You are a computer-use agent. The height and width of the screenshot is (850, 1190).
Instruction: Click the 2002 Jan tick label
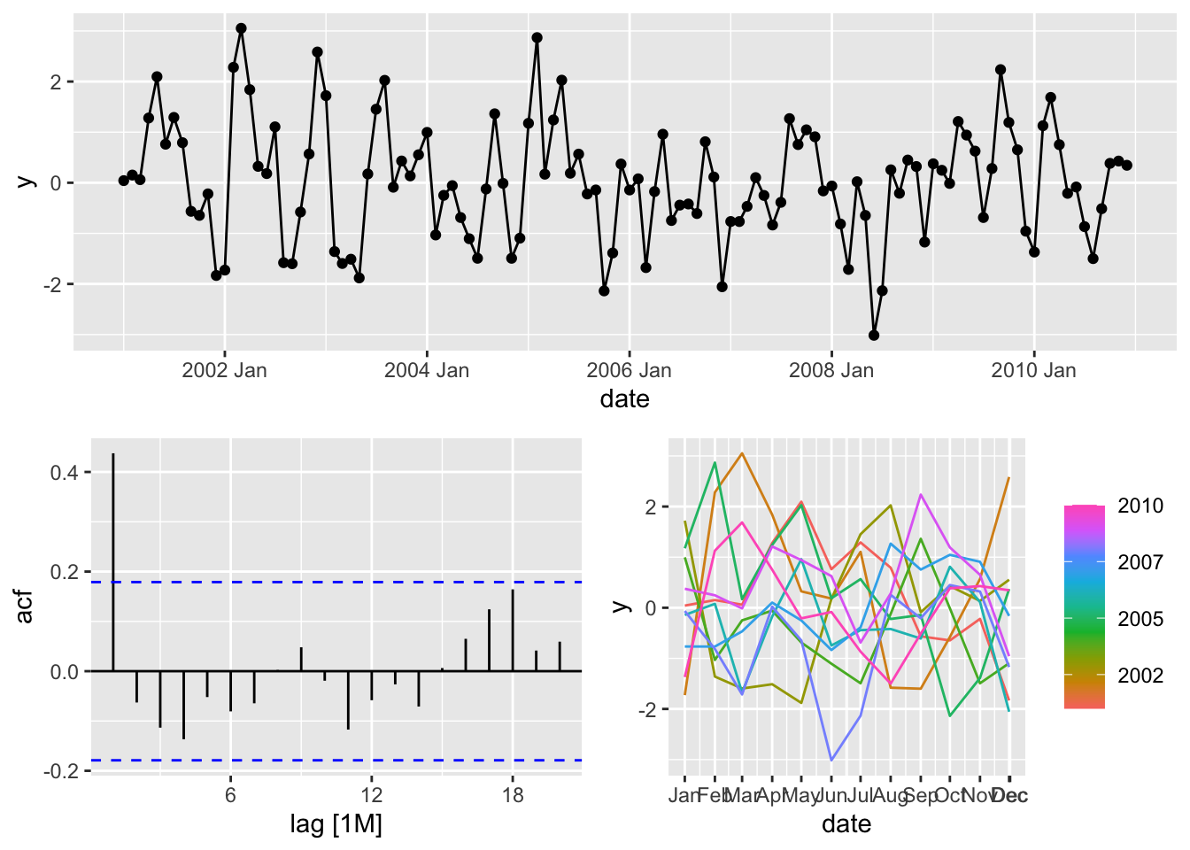[224, 370]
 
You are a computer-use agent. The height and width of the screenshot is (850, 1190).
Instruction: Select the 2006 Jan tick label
[629, 370]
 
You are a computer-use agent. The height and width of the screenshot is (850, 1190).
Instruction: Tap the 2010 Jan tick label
[1033, 370]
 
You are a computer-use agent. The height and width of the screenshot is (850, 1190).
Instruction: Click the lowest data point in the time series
[874, 336]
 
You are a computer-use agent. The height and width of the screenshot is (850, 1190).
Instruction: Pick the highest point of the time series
[241, 28]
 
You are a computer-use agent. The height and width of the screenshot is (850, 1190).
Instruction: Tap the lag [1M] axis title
[336, 825]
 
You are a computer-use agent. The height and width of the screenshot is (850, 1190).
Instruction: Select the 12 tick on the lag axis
[372, 795]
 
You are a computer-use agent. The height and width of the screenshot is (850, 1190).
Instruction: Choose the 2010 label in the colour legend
[1140, 506]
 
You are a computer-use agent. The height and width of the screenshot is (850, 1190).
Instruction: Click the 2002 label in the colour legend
[1140, 676]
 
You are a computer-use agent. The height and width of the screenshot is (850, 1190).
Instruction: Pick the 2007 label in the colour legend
[1140, 562]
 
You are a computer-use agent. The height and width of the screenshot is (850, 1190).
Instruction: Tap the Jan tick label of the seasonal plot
[684, 795]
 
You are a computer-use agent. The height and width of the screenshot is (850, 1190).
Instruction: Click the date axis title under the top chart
[624, 399]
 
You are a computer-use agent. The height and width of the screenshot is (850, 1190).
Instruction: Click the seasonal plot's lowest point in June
[831, 760]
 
